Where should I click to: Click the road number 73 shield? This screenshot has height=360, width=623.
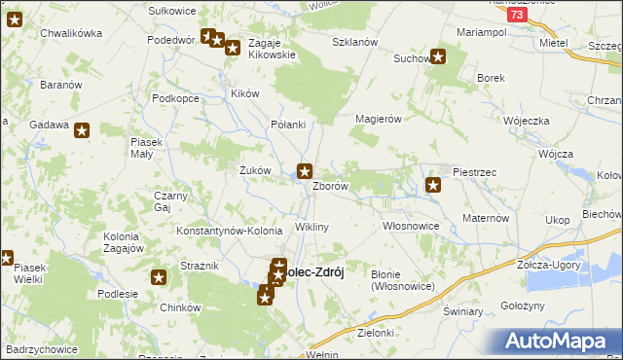(518, 16)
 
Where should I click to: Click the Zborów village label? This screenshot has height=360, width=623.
(330, 186)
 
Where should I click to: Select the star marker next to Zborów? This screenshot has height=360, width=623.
(305, 171)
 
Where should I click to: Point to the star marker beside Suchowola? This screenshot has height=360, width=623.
(438, 56)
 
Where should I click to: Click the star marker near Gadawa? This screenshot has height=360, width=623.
(82, 129)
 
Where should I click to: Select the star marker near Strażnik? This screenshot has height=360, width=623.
(160, 277)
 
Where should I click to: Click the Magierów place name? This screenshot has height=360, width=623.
(379, 119)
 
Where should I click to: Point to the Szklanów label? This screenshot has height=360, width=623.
(354, 43)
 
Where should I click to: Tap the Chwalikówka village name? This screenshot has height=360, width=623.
(71, 33)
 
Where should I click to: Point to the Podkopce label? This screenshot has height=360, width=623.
(176, 99)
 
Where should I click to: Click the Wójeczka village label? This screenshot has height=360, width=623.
(527, 120)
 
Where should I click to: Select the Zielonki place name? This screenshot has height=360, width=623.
(376, 333)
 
